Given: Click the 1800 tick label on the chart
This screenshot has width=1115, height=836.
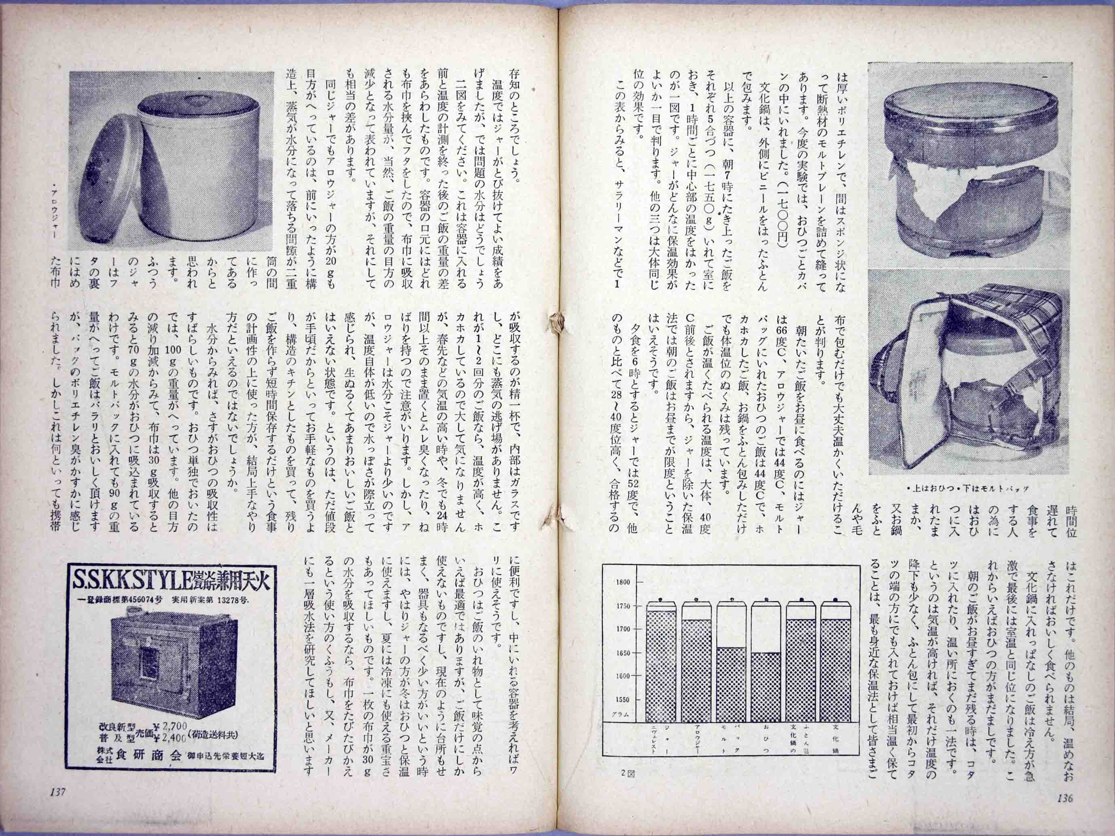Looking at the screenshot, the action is [x=624, y=582].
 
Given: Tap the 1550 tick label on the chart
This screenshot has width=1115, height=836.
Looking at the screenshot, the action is [x=624, y=700].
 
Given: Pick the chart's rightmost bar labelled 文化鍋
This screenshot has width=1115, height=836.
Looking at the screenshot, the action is [x=834, y=665].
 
